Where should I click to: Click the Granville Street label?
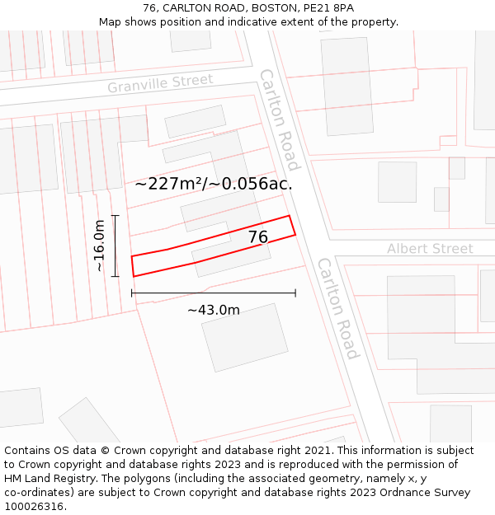pos(159,83)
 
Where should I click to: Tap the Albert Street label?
pos(430,249)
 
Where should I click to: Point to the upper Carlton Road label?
pos(280,119)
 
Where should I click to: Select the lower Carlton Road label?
pos(338,308)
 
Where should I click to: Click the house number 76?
pos(258,237)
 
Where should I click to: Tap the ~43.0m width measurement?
pos(213,311)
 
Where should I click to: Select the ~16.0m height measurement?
pos(99,246)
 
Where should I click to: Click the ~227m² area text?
pos(166,184)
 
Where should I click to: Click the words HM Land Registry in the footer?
pos(49,479)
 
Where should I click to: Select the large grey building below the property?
pos(244,337)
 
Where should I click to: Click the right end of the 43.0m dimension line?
pos(295,293)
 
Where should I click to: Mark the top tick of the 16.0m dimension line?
pos(115,216)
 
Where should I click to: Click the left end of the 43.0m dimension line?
pos(132,293)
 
